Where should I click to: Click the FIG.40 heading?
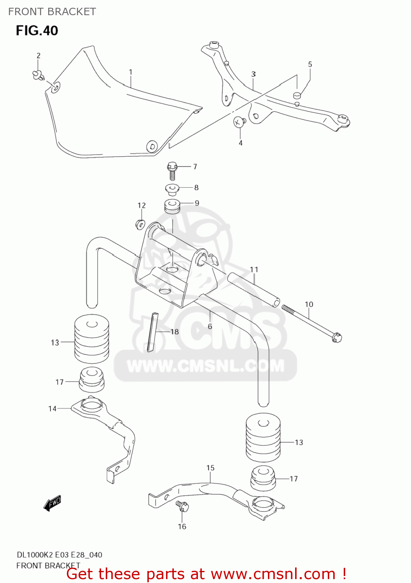pyautogui.click(x=37, y=31)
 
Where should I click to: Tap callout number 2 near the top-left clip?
pyautogui.click(x=38, y=56)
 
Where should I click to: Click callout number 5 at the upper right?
pyautogui.click(x=310, y=64)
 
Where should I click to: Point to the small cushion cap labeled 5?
pyautogui.click(x=297, y=95)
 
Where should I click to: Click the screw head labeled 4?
pyautogui.click(x=239, y=122)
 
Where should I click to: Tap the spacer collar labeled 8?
pyautogui.click(x=172, y=189)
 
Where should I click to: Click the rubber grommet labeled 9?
pyautogui.click(x=172, y=206)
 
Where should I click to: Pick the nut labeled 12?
pyautogui.click(x=140, y=224)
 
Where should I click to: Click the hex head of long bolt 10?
pyautogui.click(x=337, y=337)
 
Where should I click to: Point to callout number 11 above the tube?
pyautogui.click(x=254, y=269)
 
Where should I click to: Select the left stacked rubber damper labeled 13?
pyautogui.click(x=92, y=339)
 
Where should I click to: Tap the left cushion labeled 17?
pyautogui.click(x=92, y=379)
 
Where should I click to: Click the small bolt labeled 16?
pyautogui.click(x=182, y=507)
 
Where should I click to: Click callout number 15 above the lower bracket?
pyautogui.click(x=210, y=468)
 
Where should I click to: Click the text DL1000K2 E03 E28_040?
pyautogui.click(x=59, y=555)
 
